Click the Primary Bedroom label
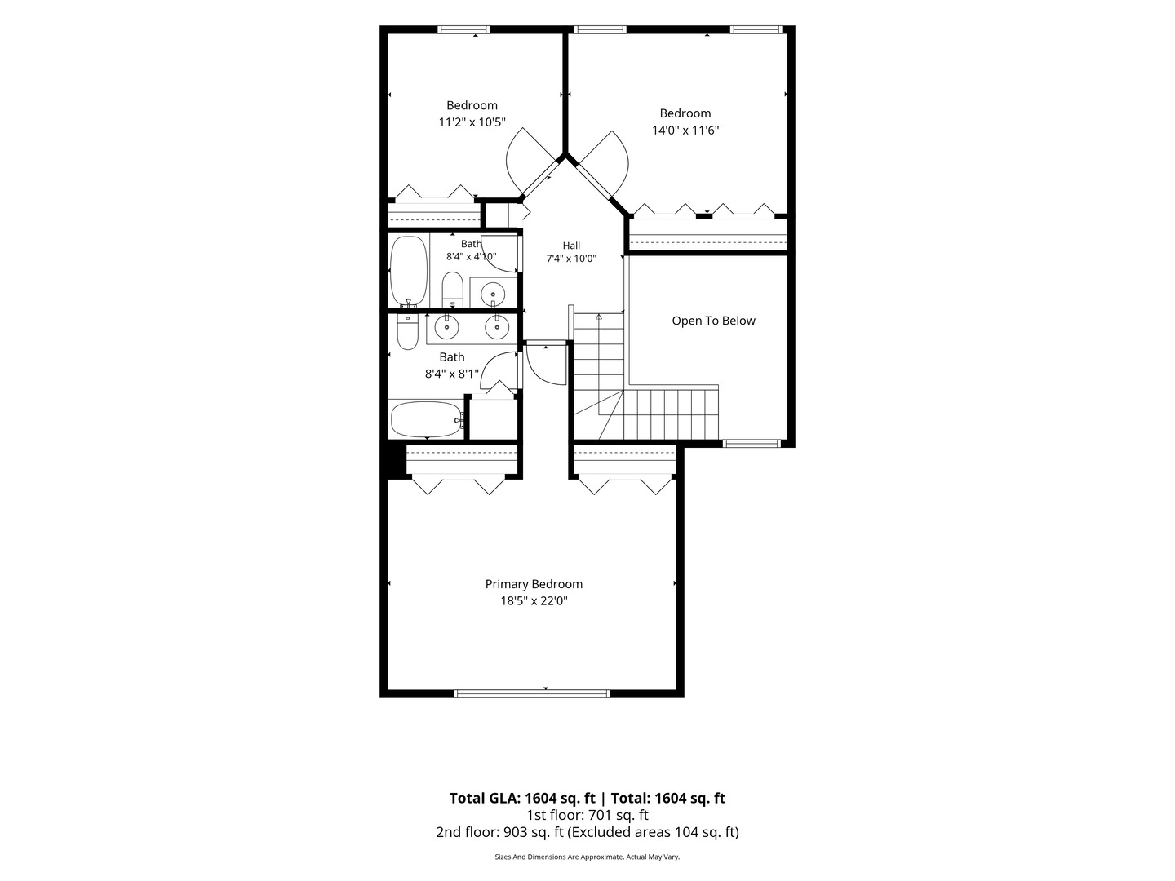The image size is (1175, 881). point(534,584)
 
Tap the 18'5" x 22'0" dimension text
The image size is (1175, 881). point(534,600)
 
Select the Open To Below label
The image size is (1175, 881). point(713,321)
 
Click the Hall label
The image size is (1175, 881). point(571,246)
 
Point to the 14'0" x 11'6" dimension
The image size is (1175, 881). point(685,130)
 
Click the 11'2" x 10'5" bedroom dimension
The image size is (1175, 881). point(472,122)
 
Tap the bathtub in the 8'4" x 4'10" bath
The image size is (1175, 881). point(409,271)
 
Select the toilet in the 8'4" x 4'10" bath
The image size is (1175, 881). point(452,290)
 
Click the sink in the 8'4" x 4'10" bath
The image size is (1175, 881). point(493,294)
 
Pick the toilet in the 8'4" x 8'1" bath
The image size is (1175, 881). point(407,331)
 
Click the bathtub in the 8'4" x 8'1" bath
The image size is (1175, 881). point(427,419)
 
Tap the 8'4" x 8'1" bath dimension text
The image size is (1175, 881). point(452,374)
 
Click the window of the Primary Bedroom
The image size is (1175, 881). point(532,693)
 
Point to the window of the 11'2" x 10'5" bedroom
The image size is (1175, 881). point(463,29)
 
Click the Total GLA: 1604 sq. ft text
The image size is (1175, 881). point(522,798)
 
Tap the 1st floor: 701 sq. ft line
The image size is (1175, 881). point(587,815)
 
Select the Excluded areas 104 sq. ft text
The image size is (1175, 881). point(653,832)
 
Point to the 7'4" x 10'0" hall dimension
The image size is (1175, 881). point(571,259)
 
